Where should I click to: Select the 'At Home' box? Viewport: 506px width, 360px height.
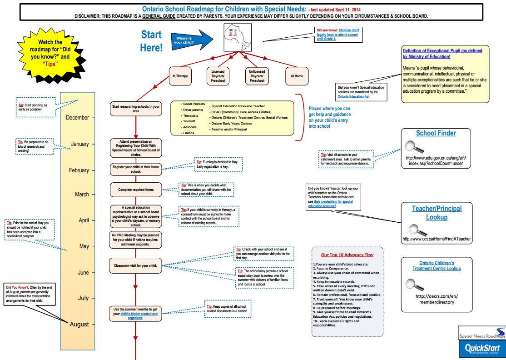(297, 76)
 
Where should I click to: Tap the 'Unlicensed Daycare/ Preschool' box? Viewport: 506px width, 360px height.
(257, 76)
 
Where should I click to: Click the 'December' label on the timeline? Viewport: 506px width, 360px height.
(77, 118)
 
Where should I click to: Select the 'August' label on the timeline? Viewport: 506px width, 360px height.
(79, 325)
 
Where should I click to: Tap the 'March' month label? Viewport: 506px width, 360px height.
(82, 195)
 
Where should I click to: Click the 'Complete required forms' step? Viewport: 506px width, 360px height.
(136, 190)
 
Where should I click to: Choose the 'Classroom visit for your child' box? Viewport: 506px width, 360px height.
(136, 265)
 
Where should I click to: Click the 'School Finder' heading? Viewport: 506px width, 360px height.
(436, 133)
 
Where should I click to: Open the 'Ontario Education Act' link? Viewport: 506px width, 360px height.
(356, 96)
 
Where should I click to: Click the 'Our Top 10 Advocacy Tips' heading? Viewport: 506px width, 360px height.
(347, 255)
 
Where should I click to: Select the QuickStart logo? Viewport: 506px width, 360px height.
(481, 349)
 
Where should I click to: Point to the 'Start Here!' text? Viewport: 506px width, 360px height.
(151, 41)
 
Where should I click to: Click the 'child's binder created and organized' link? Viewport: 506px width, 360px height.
(139, 316)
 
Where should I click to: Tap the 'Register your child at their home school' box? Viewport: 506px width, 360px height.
(136, 170)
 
